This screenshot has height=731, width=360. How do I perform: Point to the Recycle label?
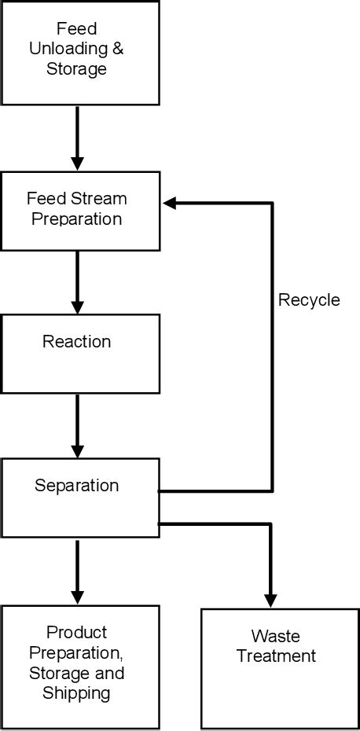click(x=309, y=300)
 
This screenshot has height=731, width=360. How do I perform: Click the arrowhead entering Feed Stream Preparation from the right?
click(x=171, y=204)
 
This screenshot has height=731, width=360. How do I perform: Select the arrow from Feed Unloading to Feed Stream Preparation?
click(x=77, y=138)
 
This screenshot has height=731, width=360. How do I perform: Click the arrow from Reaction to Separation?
click(x=77, y=424)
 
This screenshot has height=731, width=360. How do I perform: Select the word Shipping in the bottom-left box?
click(x=76, y=693)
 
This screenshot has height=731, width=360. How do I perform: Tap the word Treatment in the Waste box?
click(x=277, y=656)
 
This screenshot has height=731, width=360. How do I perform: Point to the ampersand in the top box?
click(x=117, y=49)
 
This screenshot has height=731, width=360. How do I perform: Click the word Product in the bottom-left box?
click(x=76, y=632)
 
